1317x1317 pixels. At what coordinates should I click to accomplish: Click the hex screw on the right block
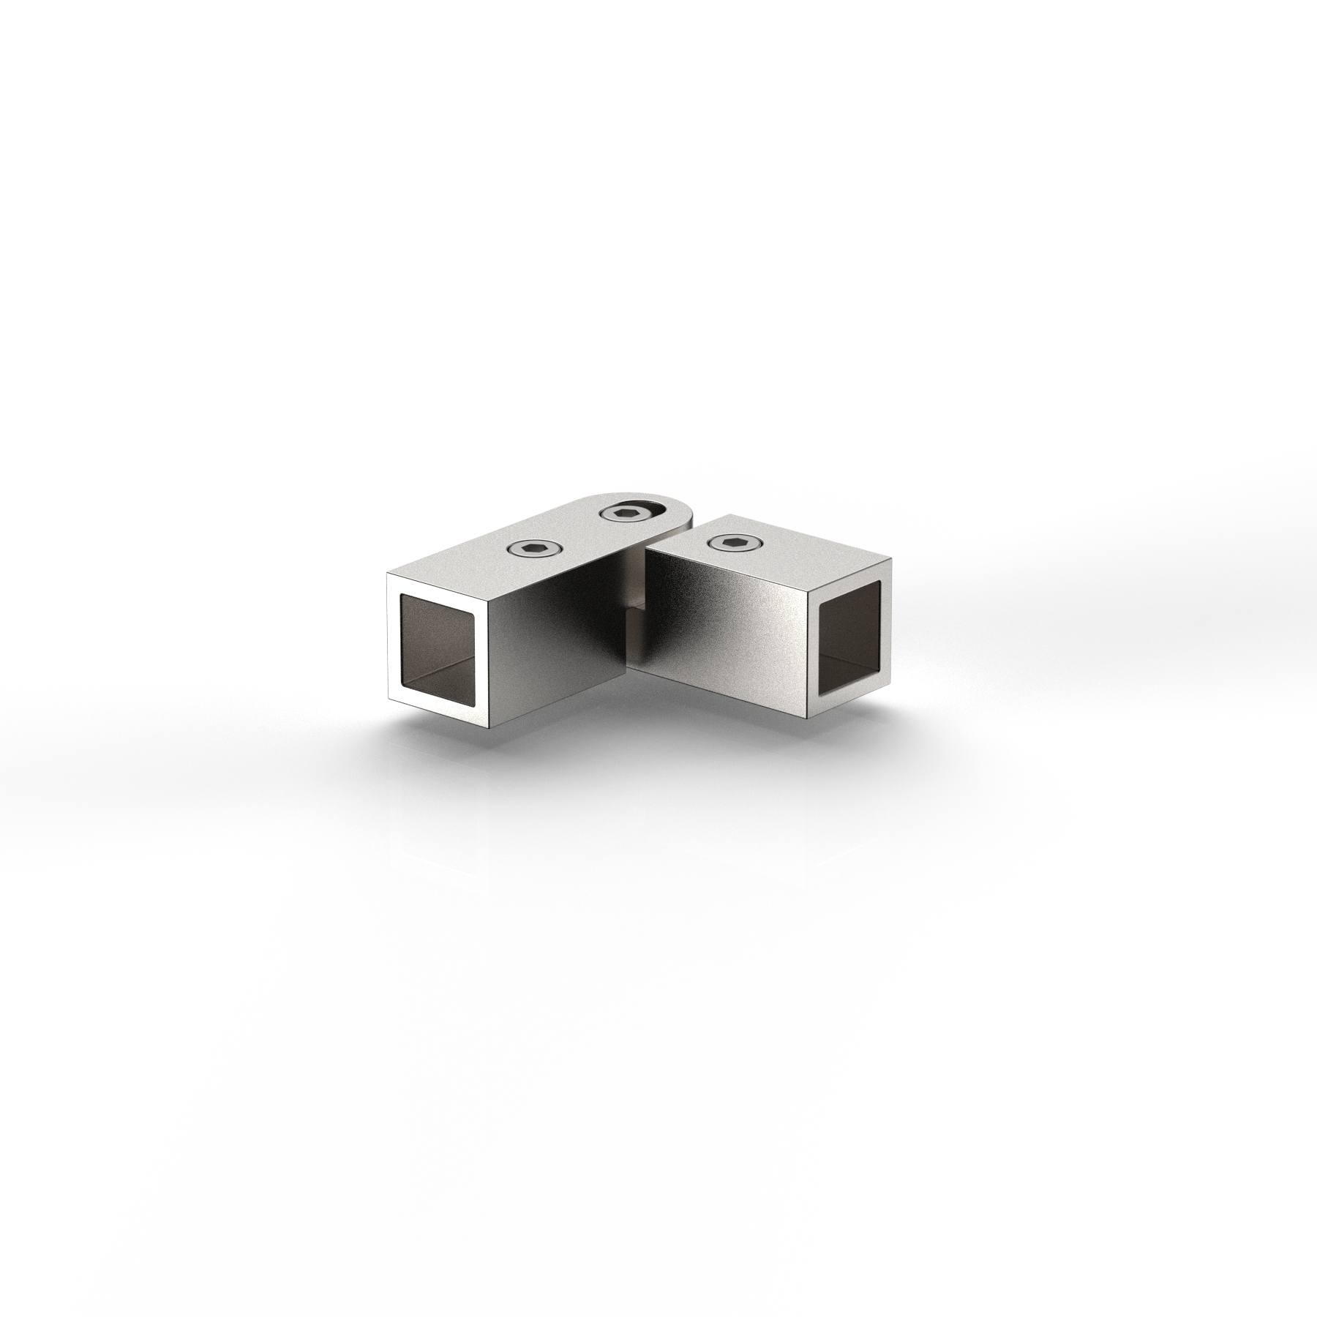click(x=735, y=542)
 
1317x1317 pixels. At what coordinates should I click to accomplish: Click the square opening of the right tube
click(x=851, y=637)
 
